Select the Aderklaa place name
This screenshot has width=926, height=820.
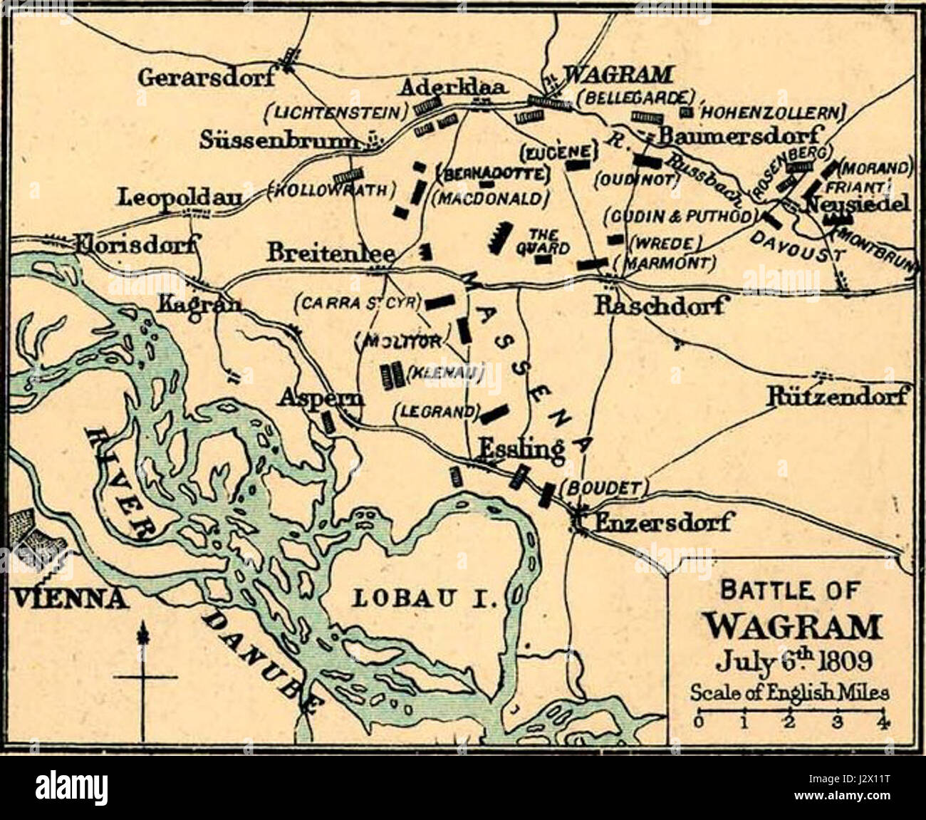click(x=452, y=88)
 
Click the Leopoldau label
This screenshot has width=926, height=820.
click(x=180, y=197)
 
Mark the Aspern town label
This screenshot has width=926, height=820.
click(x=321, y=397)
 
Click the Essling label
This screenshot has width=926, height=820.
click(x=521, y=449)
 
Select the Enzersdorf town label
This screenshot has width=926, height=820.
click(x=662, y=522)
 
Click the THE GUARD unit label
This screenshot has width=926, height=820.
click(x=548, y=241)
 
